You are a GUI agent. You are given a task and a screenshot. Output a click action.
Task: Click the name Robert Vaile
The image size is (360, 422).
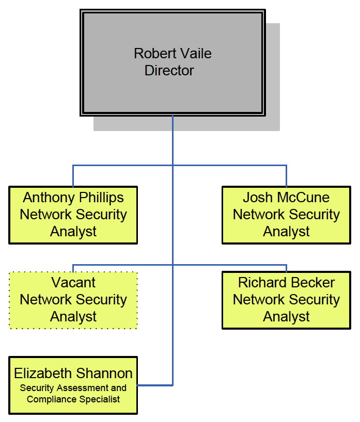[173, 53]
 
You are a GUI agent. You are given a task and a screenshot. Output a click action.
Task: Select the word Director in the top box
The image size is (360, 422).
[169, 71]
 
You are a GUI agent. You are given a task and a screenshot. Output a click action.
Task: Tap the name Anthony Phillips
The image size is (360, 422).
[73, 197]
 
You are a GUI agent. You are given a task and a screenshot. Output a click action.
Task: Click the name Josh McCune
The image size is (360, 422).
[286, 197]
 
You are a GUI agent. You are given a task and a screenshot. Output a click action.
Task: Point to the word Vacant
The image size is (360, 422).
[73, 282]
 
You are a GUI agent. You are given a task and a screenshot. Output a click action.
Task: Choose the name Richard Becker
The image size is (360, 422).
[286, 282]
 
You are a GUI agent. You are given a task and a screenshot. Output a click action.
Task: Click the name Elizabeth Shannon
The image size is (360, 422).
[73, 373]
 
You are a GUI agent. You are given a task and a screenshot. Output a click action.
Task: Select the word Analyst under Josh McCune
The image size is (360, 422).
[286, 232]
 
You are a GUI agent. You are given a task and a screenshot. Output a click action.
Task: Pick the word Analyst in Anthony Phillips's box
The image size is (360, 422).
[73, 232]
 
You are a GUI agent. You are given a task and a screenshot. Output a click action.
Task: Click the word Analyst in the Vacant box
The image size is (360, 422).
[73, 317]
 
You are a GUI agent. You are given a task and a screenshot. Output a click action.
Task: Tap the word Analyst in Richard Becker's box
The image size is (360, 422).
[286, 317]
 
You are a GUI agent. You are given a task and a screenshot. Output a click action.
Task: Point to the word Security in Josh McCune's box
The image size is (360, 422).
[315, 215]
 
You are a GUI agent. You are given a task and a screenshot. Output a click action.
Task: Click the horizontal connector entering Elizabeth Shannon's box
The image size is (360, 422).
[155, 385]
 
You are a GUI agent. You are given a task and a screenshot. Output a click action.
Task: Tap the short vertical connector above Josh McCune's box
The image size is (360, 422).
[286, 176]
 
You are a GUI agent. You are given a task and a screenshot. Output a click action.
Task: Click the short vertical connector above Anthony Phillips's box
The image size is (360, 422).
[73, 176]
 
